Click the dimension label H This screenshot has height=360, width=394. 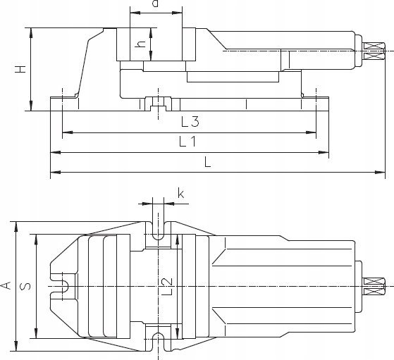click(20, 69)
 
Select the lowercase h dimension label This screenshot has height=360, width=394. click(140, 44)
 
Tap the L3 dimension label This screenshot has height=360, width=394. click(190, 122)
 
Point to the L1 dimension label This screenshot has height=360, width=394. click(187, 142)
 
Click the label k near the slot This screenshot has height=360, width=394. click(180, 194)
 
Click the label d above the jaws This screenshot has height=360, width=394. click(156, 4)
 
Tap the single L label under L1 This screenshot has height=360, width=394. click(207, 162)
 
